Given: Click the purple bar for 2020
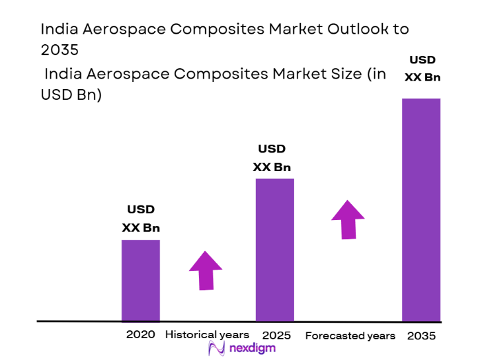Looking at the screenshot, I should point(140,280).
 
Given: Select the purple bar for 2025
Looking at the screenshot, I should point(274,250).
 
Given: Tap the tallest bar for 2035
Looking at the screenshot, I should point(421,209).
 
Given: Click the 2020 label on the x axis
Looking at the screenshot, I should point(140,334).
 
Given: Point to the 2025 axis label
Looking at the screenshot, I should point(276,336).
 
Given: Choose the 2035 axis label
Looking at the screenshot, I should point(421,336).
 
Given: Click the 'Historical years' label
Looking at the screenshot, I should point(207,335).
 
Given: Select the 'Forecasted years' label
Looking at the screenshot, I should point(350,336).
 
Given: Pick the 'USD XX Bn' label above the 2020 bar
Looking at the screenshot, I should point(141,219).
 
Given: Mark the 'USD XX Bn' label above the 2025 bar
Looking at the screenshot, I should point(272,158).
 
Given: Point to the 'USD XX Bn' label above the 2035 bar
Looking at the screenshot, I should point(422,69).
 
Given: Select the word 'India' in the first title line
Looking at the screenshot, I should point(57,29).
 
